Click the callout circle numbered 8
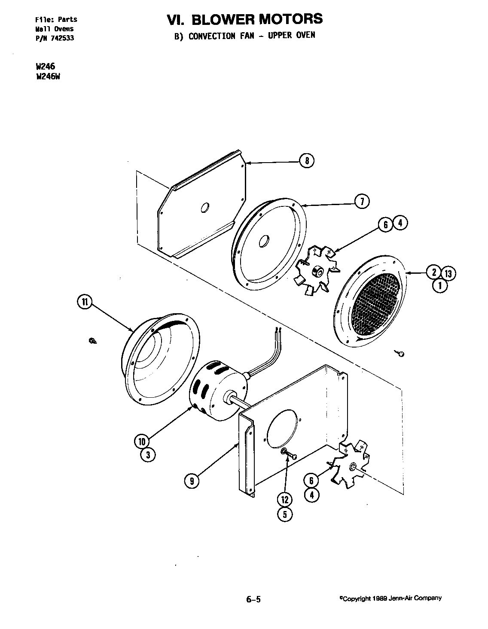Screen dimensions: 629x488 click(x=307, y=161)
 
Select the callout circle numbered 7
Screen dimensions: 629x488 click(x=362, y=201)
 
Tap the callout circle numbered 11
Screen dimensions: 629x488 click(x=85, y=302)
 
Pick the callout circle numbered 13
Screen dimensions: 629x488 click(x=448, y=273)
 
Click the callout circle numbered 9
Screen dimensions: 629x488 click(x=192, y=481)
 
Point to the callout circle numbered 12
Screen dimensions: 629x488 click(x=285, y=499)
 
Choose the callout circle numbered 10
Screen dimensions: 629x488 click(x=141, y=441)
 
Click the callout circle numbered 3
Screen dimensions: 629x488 click(x=148, y=455)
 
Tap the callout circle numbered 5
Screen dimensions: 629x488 click(x=285, y=514)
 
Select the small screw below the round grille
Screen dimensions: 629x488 click(x=400, y=354)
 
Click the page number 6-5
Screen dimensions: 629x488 click(x=253, y=599)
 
